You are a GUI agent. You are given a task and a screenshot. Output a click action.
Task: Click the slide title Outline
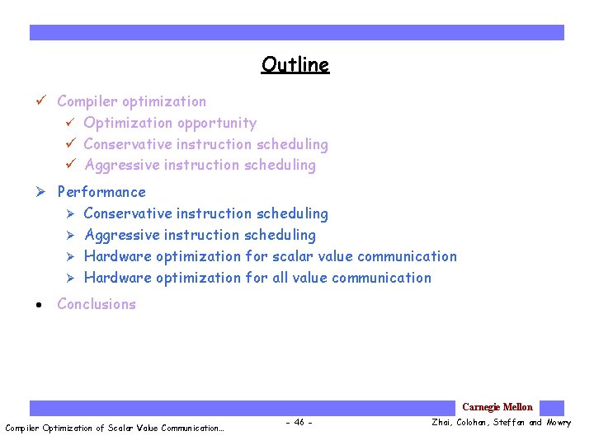pyautogui.click(x=295, y=65)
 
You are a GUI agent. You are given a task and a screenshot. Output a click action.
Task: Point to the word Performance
pyautogui.click(x=101, y=192)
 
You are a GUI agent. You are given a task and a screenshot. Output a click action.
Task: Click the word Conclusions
pyautogui.click(x=97, y=304)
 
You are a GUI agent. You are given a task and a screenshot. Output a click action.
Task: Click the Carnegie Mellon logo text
pyautogui.click(x=497, y=407)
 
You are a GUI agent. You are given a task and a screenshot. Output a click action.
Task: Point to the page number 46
pyautogui.click(x=298, y=423)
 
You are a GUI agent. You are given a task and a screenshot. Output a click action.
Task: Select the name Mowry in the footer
pyautogui.click(x=558, y=423)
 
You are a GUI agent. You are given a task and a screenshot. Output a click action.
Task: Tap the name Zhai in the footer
pyautogui.click(x=442, y=423)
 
